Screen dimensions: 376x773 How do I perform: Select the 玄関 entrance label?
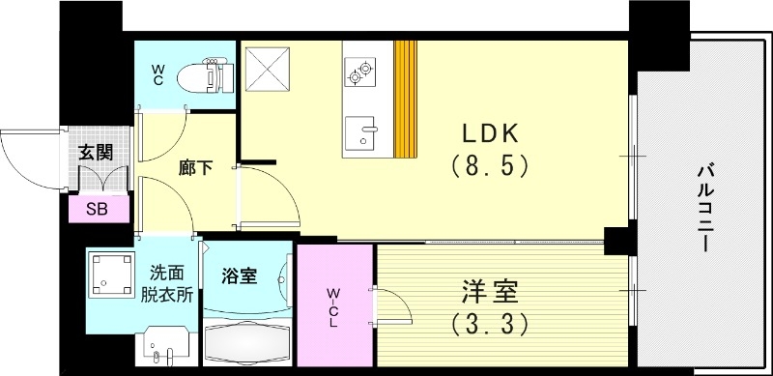click(x=95, y=152)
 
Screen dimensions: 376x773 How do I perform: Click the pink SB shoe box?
click(x=96, y=208)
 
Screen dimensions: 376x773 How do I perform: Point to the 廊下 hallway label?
click(x=193, y=165)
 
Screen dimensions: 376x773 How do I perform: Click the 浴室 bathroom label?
click(x=238, y=275)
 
